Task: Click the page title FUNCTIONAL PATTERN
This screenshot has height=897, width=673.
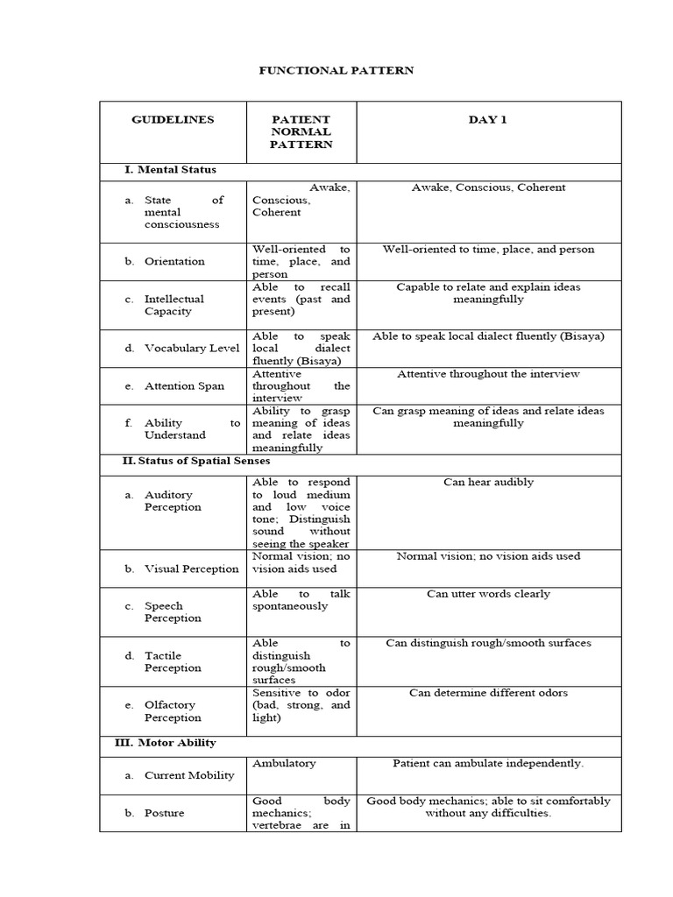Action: pos(336,70)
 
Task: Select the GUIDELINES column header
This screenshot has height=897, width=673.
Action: pos(173,119)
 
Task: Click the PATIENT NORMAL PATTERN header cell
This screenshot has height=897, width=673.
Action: pos(301,131)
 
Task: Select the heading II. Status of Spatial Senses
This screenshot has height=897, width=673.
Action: pos(196,460)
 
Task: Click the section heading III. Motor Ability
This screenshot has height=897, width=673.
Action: pos(166,742)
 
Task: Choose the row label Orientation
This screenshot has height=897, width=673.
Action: pos(174,261)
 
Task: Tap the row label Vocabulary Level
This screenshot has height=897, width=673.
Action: pos(192,348)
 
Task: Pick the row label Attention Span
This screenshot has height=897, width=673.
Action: pos(184,385)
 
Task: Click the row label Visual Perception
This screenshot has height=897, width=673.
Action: pos(191,569)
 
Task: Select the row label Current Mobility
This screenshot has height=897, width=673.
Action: pos(189,775)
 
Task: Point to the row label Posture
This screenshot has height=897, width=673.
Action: pos(165,813)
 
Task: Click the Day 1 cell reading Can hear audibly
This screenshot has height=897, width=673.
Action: pos(488,482)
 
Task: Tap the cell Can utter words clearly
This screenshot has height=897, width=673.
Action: pos(488,594)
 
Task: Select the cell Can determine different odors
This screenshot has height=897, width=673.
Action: pos(488,693)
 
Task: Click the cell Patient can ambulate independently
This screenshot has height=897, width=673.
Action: pos(488,763)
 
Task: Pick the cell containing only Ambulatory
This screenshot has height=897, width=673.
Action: pos(284,763)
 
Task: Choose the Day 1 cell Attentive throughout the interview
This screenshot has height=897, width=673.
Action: pos(488,374)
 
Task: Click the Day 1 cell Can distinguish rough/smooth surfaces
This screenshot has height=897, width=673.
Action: pos(488,643)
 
